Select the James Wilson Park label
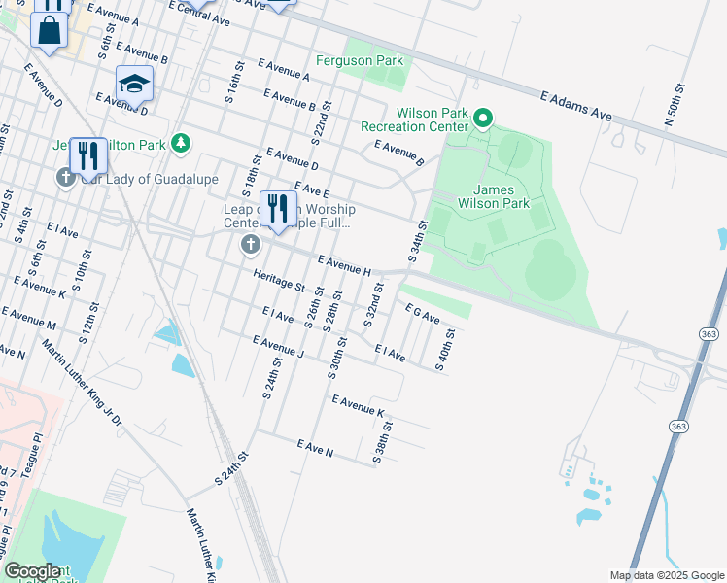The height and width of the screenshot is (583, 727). [501, 196]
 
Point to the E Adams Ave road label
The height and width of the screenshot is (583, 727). [576, 102]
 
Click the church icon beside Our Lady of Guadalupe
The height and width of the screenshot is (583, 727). [65, 178]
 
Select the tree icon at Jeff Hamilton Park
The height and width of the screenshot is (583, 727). [180, 144]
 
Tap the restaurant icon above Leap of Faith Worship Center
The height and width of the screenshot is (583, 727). [278, 208]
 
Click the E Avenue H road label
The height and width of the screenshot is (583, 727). [344, 263]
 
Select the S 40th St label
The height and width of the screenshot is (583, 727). [445, 351]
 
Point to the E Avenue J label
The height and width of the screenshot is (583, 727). [278, 347]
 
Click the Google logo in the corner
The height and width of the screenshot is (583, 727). [32, 571]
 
